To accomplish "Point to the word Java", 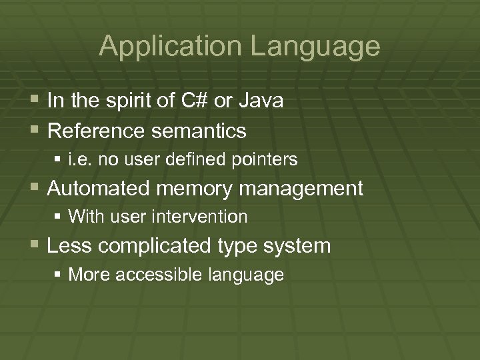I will click(261, 101).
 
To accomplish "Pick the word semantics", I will click(199, 131).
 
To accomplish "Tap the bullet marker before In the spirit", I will click(34, 101).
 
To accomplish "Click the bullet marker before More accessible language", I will click(59, 275).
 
